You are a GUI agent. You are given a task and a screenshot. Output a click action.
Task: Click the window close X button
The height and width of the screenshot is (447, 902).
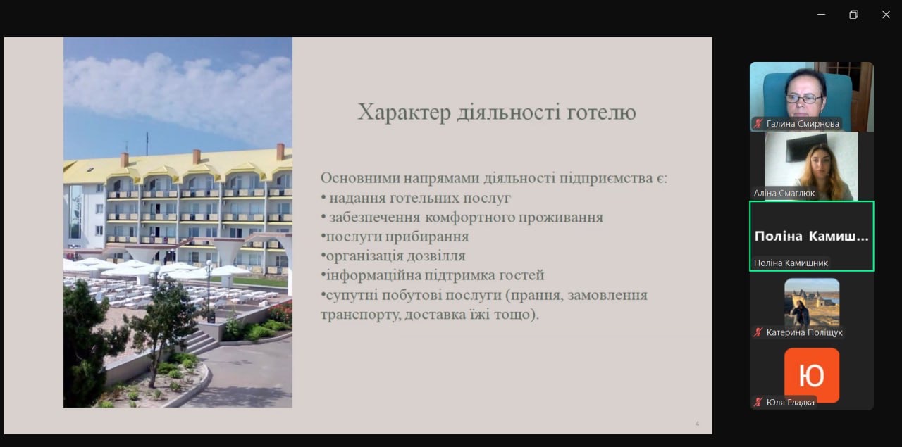[x=886, y=15]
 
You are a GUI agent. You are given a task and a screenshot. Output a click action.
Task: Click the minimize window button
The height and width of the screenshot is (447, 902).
[x=822, y=15]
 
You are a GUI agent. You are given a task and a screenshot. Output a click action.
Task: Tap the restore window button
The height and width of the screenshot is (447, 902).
[x=853, y=15]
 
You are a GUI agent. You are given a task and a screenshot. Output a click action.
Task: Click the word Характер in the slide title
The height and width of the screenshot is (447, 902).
[x=404, y=112]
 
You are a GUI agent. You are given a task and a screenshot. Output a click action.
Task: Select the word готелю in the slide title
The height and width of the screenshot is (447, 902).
[x=601, y=112]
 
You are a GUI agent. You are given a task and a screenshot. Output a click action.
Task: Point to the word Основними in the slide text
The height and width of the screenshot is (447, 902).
[x=359, y=178]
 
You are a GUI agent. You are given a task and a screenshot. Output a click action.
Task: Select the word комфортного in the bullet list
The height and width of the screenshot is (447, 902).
[x=469, y=218]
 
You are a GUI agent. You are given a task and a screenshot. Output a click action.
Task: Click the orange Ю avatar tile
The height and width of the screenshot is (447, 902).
[x=812, y=375]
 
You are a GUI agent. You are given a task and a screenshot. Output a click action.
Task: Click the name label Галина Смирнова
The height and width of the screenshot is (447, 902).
[x=803, y=123]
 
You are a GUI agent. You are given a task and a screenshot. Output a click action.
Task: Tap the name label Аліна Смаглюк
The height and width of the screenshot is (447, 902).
[x=784, y=193]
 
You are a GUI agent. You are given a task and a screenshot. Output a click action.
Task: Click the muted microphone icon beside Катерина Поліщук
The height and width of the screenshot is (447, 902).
[x=759, y=332]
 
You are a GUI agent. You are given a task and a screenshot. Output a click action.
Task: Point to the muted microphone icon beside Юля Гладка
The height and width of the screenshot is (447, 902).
[x=759, y=402]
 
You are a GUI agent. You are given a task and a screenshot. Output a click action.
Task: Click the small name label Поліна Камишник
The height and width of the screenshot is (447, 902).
[x=791, y=263]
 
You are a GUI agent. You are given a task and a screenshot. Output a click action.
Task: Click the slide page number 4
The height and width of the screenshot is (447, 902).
[x=697, y=424]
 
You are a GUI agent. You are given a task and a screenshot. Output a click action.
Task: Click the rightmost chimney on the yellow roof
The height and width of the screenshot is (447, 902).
[x=280, y=151]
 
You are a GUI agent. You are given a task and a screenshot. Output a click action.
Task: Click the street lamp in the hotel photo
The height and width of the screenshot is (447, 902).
[x=209, y=291]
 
